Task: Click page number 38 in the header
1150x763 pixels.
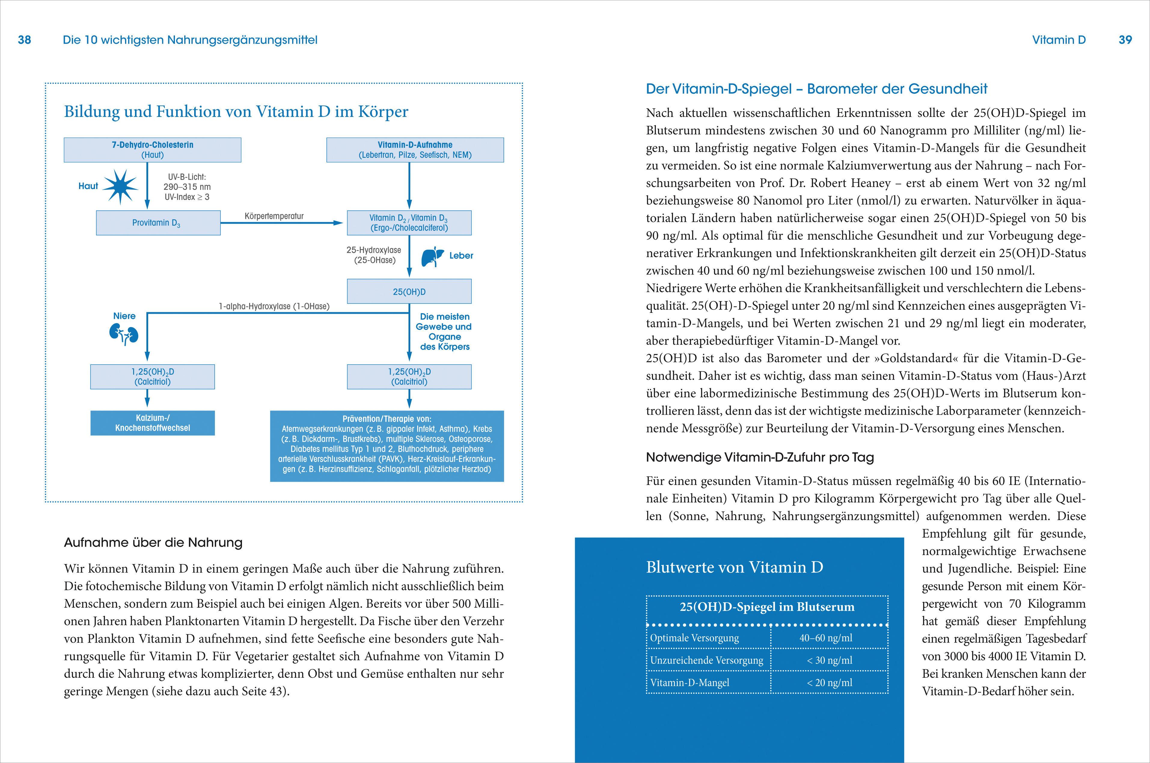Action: [24, 40]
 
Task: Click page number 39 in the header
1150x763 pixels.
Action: [1125, 40]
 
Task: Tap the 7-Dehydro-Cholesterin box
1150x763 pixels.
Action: [152, 150]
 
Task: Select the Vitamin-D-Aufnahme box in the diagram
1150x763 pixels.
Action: [414, 150]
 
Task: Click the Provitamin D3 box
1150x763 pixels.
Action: [158, 223]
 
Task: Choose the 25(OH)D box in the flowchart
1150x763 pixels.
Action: [409, 291]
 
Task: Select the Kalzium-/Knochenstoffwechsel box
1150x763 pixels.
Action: [152, 423]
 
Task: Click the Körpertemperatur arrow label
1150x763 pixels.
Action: [274, 216]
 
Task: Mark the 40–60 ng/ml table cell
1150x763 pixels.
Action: [826, 638]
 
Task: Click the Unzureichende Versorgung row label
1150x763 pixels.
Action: [706, 660]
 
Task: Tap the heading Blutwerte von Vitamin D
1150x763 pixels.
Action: [734, 567]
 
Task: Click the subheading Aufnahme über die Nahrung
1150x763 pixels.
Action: [153, 542]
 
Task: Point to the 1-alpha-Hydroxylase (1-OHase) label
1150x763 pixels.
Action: [274, 306]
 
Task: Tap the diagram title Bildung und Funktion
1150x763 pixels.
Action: [236, 111]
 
